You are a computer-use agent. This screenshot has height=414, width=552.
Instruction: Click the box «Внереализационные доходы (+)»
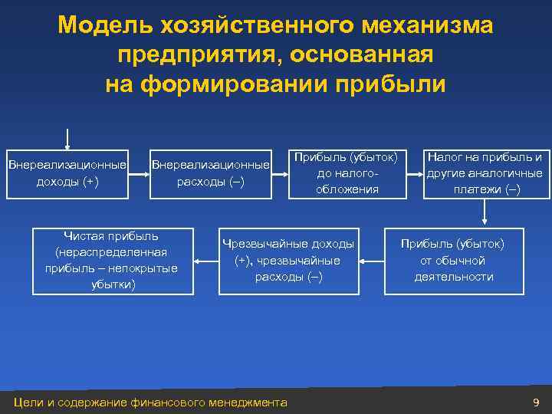(67, 173)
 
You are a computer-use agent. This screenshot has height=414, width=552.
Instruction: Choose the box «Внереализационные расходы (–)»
(211, 173)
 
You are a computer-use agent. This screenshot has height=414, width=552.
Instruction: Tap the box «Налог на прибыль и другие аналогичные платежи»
(485, 173)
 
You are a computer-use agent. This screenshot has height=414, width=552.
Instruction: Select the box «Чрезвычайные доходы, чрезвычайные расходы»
(288, 261)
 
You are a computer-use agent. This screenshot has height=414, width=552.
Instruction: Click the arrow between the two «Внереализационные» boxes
(138, 174)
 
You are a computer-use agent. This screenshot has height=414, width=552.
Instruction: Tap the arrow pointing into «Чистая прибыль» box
(206, 261)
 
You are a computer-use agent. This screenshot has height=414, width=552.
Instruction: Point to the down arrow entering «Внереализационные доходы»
(67, 139)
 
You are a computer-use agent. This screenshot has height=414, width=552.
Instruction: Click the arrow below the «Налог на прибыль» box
(485, 212)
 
